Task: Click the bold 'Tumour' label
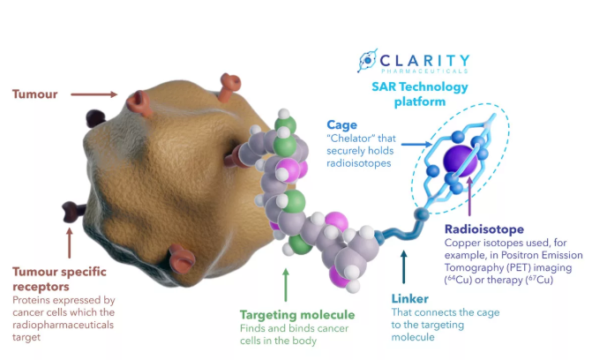(34, 93)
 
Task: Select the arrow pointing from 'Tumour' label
(93, 93)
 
